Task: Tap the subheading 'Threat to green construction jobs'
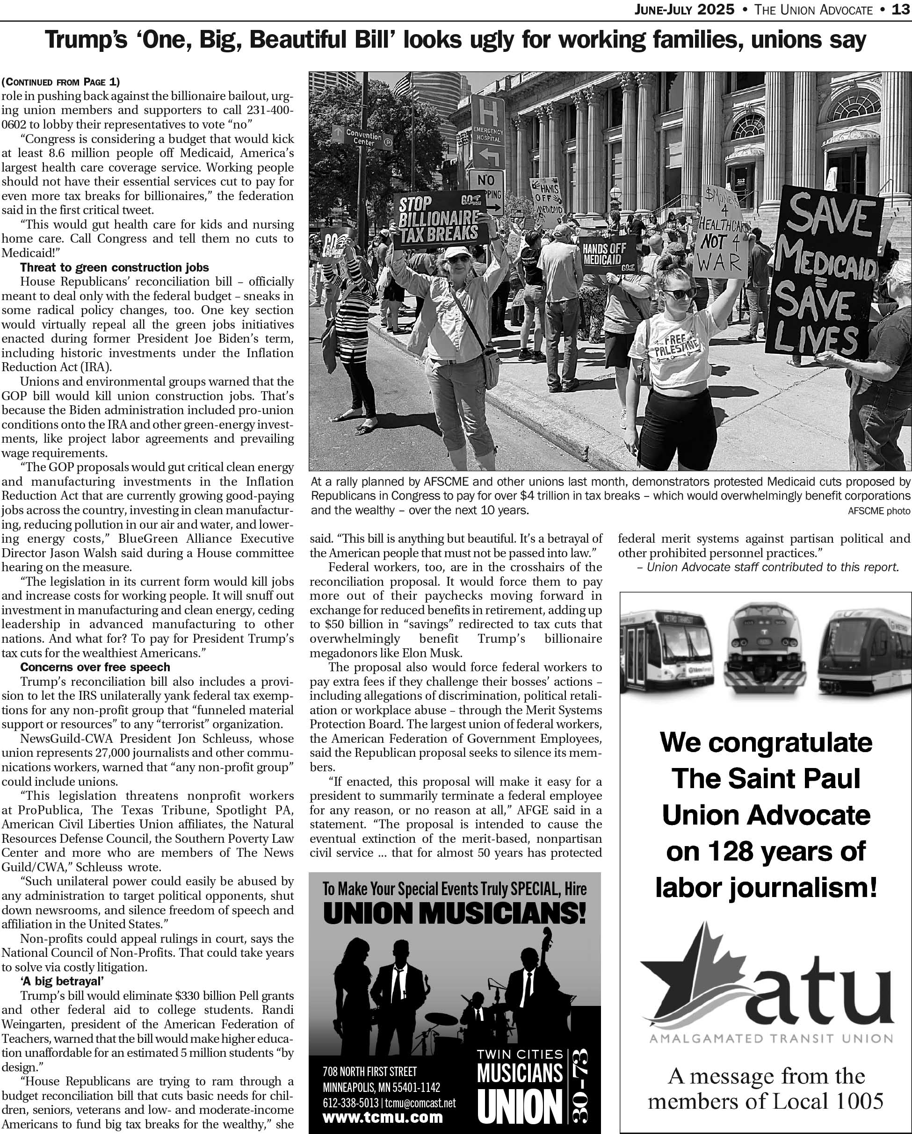click(114, 267)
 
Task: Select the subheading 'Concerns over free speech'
click(95, 667)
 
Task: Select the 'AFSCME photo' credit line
click(878, 510)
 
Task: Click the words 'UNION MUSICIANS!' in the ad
click(455, 914)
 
